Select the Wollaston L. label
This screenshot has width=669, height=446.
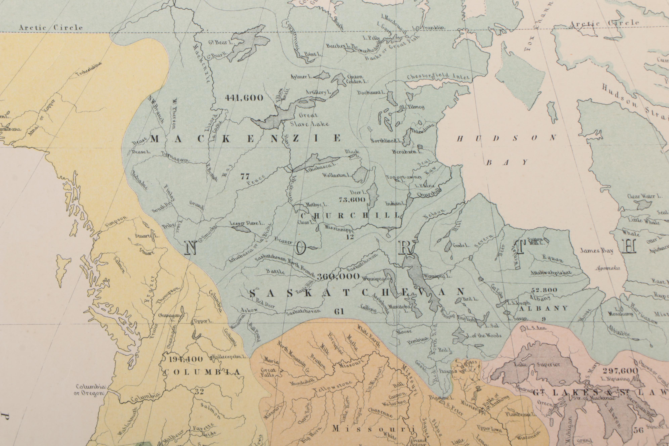click(x=336, y=175)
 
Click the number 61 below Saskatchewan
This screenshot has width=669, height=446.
click(x=339, y=312)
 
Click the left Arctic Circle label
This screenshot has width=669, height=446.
click(x=51, y=28)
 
